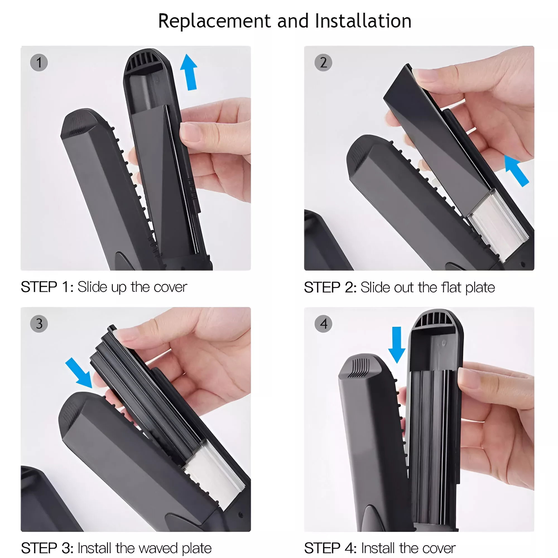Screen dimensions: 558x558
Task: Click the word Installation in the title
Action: pyautogui.click(x=363, y=21)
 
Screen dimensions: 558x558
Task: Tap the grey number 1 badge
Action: pyautogui.click(x=39, y=63)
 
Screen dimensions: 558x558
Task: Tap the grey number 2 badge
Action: pyautogui.click(x=323, y=63)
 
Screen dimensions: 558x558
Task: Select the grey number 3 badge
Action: pyautogui.click(x=39, y=324)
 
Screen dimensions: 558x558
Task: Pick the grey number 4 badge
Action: pyautogui.click(x=323, y=324)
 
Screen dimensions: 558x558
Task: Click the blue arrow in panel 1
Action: pyautogui.click(x=189, y=72)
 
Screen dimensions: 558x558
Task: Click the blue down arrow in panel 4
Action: pyautogui.click(x=396, y=345)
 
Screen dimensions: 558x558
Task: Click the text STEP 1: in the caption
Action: pyautogui.click(x=47, y=287)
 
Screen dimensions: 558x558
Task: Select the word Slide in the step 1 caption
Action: pyautogui.click(x=93, y=287)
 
